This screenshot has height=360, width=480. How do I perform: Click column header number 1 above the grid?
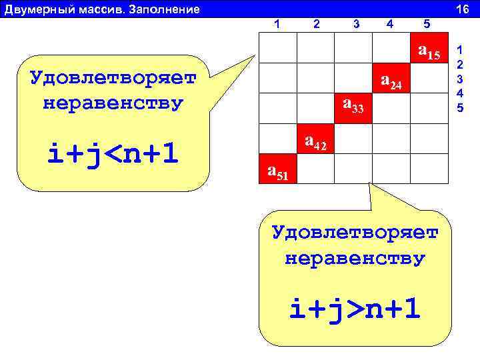pos(277,25)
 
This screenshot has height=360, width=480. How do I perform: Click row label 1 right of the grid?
pos(459,49)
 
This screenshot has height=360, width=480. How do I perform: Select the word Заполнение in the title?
pos(167,9)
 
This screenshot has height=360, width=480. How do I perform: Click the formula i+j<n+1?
pos(113,155)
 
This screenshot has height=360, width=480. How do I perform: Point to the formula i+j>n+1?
pos(354,309)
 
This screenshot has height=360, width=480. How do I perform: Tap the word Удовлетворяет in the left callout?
pos(113,78)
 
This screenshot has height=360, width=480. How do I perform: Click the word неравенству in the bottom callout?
pos(354,259)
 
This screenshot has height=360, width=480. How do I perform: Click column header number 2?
pos(317,25)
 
